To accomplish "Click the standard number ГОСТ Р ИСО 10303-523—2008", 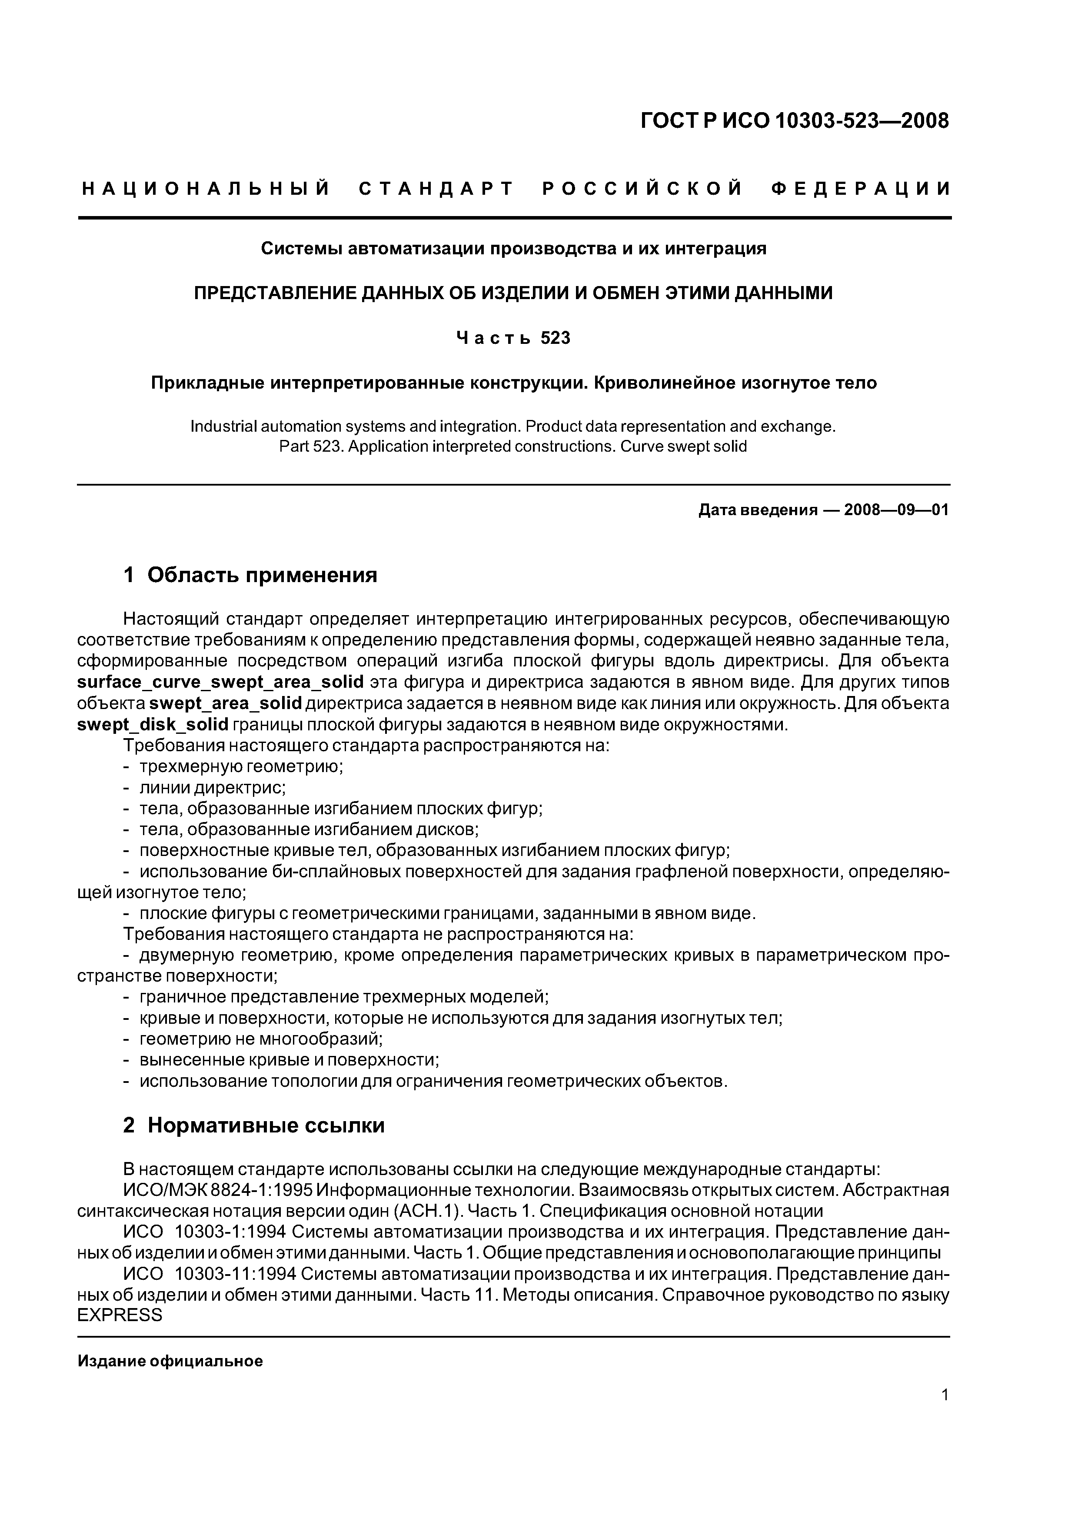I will coord(795,121).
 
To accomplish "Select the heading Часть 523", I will coord(513,338).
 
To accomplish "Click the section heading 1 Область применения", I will coord(250,575).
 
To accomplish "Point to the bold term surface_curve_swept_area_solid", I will coord(220,683).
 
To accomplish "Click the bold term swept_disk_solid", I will coord(153,725).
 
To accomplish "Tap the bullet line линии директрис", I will coord(212,788).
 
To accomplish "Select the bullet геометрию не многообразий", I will coord(260,1038).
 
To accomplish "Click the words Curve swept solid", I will coord(683,446).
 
